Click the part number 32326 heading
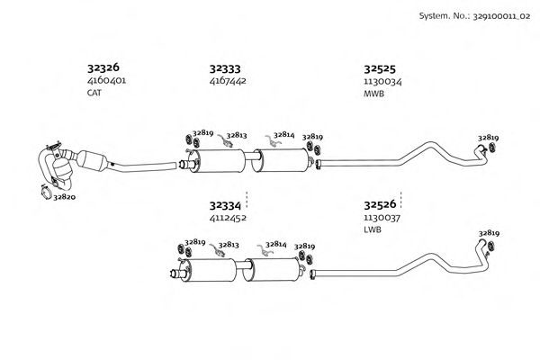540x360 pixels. coord(103,67)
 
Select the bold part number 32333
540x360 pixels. coord(225,67)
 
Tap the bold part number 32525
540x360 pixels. coord(381,67)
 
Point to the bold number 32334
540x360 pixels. coord(225,204)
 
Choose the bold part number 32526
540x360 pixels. coord(381,204)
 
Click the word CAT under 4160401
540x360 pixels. coord(94,93)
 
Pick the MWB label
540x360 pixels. coord(373,93)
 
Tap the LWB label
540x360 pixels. coord(372,230)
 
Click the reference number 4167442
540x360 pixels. coord(228,81)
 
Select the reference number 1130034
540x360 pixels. coord(382,81)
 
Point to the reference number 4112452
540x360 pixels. coord(228,218)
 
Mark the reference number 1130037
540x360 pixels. coord(382,218)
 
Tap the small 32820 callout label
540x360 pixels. coord(65,196)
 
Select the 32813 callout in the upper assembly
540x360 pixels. coord(238,134)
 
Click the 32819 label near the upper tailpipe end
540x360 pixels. coord(489,138)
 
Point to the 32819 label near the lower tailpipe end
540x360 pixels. coord(489,232)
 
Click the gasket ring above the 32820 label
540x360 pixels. coord(46,189)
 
